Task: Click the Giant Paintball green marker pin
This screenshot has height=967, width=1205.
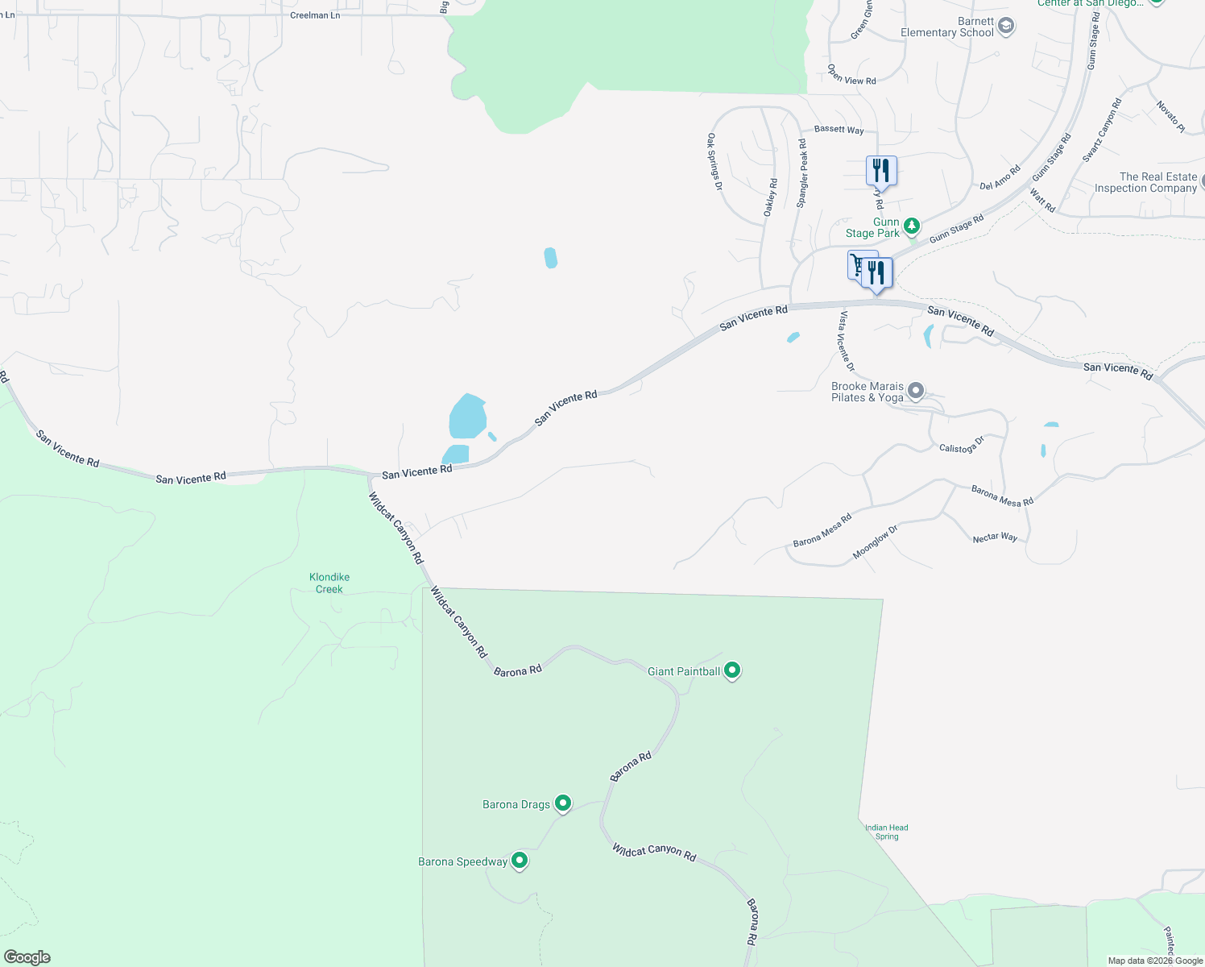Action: (x=731, y=670)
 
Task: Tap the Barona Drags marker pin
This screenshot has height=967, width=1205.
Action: (x=563, y=803)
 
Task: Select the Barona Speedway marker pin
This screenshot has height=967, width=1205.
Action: (x=520, y=861)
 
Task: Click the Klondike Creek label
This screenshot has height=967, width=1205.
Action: (x=329, y=583)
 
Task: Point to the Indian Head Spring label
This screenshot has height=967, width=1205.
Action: (x=886, y=832)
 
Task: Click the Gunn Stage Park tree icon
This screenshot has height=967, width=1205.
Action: (x=912, y=226)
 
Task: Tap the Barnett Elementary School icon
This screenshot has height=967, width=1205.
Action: (x=1005, y=27)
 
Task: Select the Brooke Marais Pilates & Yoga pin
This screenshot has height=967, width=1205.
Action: (x=915, y=392)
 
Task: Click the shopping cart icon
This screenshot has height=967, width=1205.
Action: (x=859, y=264)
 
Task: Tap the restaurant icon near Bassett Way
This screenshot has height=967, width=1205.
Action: (x=880, y=171)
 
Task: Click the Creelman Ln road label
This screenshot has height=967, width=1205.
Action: (x=315, y=15)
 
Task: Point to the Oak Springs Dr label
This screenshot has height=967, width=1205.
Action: (x=714, y=162)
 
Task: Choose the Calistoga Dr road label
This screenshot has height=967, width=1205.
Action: (x=962, y=445)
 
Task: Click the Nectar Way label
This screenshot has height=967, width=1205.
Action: (x=995, y=537)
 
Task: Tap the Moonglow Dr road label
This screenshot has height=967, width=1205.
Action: (x=874, y=542)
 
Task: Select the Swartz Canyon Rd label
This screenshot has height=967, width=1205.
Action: (x=1102, y=131)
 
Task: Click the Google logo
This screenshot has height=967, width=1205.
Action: (x=27, y=957)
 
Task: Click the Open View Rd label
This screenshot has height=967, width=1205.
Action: (x=851, y=75)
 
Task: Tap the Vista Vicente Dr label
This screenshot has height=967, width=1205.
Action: (x=846, y=341)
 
